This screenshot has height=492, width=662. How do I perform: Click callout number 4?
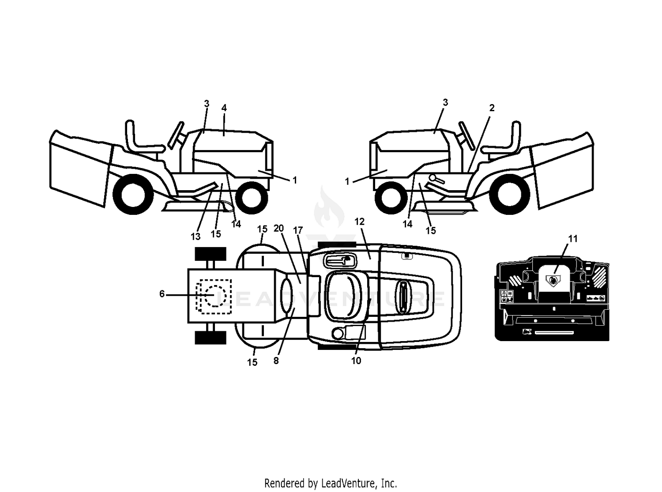coord(224,108)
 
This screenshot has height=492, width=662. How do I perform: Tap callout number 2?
coord(492,108)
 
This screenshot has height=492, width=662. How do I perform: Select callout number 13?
coord(196,237)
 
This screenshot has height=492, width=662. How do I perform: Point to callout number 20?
coord(278,228)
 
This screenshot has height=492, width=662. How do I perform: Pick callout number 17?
coord(298,230)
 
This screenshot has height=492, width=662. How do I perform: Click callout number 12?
coord(360,222)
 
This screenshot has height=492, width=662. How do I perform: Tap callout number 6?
coord(162,294)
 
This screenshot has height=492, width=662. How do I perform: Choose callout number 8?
coord(276,361)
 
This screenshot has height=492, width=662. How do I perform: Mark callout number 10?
coord(356,361)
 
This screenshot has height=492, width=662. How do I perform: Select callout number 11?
coord(573,239)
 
